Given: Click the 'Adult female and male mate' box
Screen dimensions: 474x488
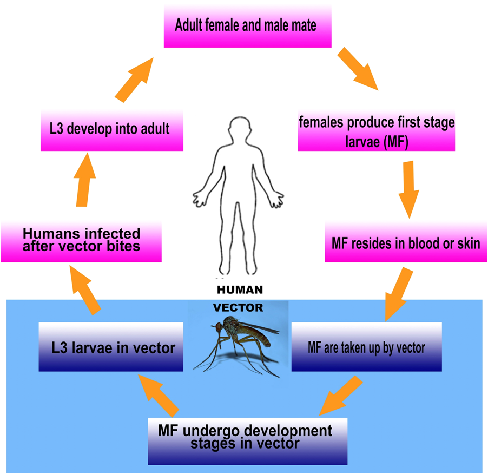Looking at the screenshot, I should [247, 25].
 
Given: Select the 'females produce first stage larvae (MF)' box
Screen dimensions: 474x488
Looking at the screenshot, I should [377, 131].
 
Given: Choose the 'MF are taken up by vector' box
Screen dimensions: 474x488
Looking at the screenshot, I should [366, 347].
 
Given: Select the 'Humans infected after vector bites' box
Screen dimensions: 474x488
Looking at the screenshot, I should [81, 240].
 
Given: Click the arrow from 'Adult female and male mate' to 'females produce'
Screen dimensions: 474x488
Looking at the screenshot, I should [358, 68].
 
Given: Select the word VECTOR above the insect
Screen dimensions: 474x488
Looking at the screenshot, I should [238, 308].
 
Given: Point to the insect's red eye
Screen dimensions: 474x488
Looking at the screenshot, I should [219, 327].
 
